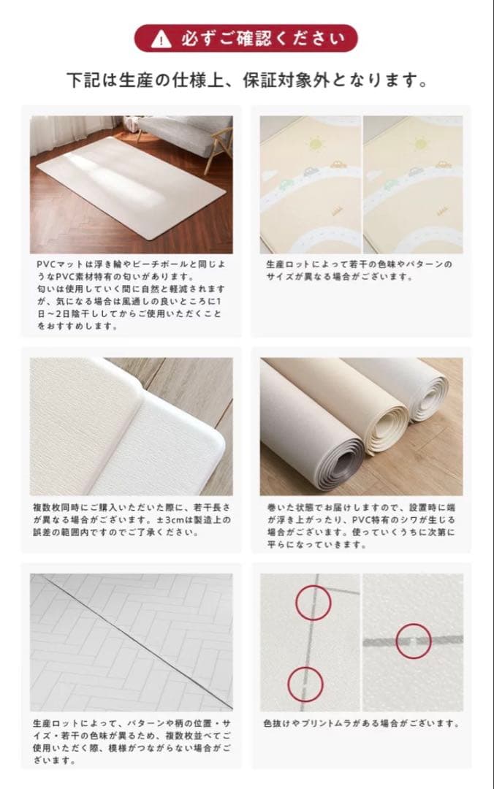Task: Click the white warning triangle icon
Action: (x=157, y=39)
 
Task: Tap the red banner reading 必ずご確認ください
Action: (x=246, y=39)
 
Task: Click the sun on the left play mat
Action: (x=316, y=143)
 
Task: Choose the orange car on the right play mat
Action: (x=441, y=163)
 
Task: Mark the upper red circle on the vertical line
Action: (x=313, y=603)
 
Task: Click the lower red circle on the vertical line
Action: (x=305, y=683)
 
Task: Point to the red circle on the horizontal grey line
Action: (x=414, y=641)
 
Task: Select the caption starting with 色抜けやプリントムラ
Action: (x=361, y=724)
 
